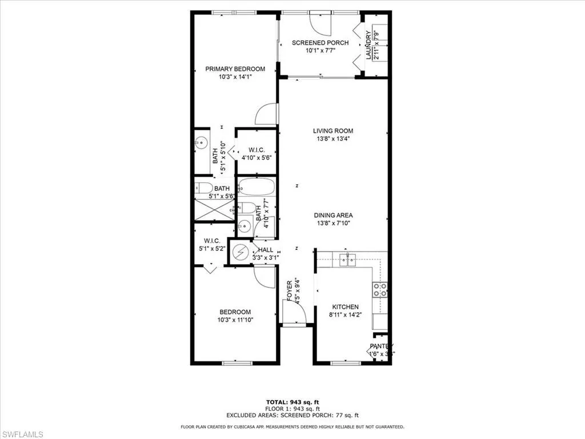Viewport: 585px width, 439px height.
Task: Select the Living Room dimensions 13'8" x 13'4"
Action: (x=333, y=138)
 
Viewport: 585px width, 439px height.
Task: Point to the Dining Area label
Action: (x=333, y=215)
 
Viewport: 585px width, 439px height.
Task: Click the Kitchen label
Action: (x=346, y=307)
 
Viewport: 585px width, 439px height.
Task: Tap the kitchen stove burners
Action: (x=380, y=290)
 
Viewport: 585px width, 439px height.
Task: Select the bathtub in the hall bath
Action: (x=257, y=187)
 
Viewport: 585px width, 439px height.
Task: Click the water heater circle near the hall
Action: (x=241, y=252)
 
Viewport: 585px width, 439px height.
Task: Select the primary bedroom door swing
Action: (x=266, y=114)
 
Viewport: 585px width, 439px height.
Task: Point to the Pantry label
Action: (x=381, y=346)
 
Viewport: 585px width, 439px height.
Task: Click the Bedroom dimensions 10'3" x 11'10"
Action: (x=235, y=320)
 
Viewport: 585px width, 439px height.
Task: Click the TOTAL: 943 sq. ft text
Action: (x=292, y=402)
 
